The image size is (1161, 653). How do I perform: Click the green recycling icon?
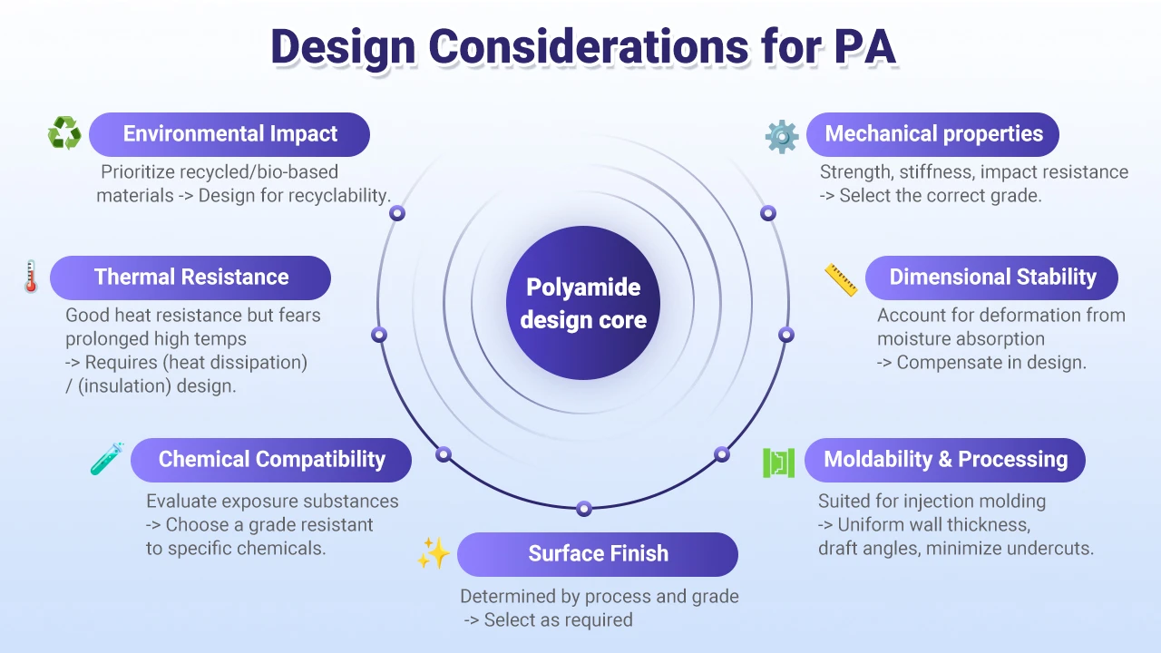point(64,134)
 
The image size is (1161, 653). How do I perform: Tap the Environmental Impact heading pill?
point(229,134)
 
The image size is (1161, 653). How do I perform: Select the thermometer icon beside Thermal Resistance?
point(30,278)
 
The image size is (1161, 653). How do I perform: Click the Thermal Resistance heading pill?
point(190,278)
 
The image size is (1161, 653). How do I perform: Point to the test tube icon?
point(107,459)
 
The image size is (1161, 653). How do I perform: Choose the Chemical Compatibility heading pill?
point(271,460)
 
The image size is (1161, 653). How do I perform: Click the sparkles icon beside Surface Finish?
point(433,553)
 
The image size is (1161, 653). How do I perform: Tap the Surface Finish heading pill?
point(598,554)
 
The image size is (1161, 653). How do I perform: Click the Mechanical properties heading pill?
point(933,134)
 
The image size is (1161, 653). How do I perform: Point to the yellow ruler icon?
point(841,279)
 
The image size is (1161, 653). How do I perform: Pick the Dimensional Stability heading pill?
point(992,278)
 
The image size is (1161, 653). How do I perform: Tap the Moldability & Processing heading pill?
point(945,459)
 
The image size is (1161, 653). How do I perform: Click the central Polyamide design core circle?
point(583,303)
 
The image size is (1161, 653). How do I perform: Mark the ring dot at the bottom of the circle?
point(584,508)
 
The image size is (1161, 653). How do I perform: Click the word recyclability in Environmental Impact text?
point(335,195)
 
